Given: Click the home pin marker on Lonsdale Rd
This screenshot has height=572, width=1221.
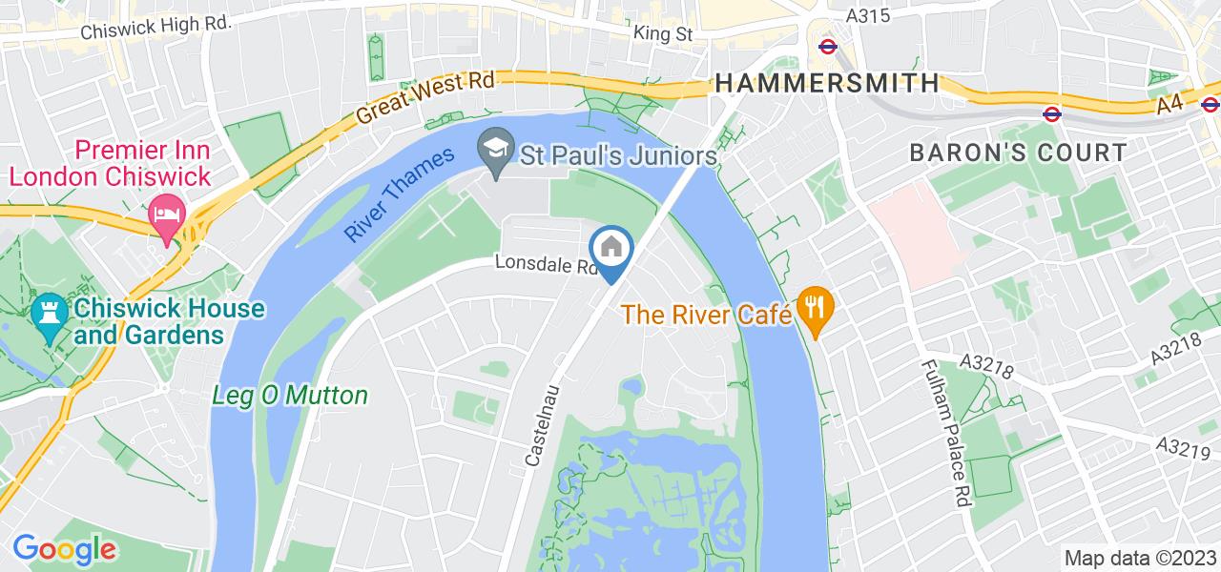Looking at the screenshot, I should click(611, 250).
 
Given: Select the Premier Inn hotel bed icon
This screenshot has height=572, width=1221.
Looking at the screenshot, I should click(167, 214).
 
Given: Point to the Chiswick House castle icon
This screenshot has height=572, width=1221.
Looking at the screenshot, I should click(45, 316).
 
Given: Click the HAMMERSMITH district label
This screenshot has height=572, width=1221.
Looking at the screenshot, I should click(827, 83).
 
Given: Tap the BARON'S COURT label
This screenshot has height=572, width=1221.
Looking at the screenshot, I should click(1018, 153).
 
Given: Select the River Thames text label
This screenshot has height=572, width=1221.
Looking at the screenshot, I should click(400, 194).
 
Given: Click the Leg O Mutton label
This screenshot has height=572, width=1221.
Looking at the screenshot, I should click(290, 395).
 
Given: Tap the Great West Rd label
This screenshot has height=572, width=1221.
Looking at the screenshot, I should click(425, 98).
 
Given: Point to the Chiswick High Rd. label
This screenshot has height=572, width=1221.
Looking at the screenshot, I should click(156, 28).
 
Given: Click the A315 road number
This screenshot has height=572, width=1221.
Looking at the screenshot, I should click(868, 15).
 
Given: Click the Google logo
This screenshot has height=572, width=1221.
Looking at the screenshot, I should click(64, 549).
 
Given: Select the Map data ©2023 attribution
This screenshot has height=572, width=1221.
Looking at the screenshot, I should click(1139, 559).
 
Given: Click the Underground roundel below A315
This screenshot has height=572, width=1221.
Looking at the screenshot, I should click(827, 45).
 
